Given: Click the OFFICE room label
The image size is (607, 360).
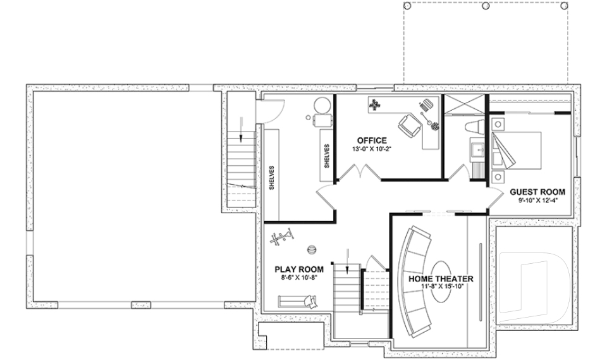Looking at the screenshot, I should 371,140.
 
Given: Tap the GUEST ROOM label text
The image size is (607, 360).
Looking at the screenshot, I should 537,192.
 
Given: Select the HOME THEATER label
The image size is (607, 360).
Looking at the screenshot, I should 441,278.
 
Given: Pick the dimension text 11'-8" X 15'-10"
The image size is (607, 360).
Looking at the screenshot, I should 441,287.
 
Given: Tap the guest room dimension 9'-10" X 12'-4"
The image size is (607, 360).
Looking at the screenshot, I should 537,201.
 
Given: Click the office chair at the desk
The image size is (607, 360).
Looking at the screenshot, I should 408,125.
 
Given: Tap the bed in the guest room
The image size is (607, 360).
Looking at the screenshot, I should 517,149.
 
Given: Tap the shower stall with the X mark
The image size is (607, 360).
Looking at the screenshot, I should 465,106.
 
